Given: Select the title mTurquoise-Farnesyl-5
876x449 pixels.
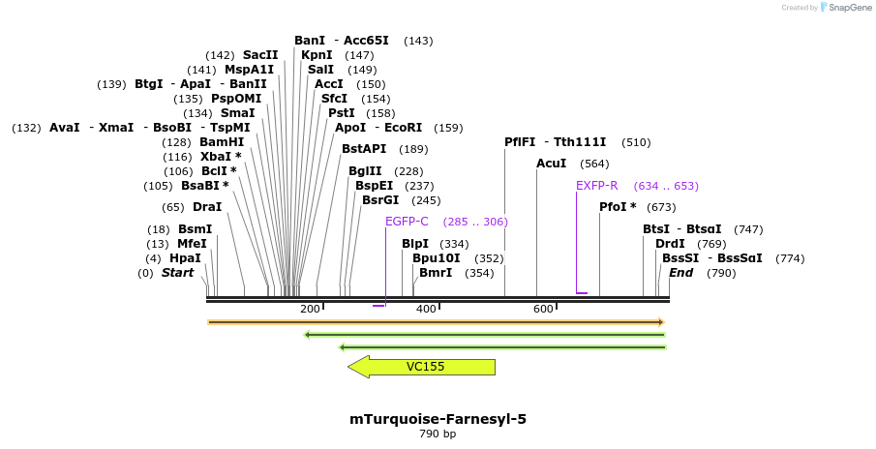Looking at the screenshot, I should click(438, 419).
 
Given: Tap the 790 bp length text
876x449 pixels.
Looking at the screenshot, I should click(438, 434).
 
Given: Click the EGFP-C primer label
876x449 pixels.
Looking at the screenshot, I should click(407, 222).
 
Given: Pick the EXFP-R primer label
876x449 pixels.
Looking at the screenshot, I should click(596, 186).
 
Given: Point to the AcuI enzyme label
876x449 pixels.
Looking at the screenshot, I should click(551, 164).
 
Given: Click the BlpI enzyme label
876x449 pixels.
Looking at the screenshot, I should click(415, 244).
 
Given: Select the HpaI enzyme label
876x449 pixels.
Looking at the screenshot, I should click(185, 258).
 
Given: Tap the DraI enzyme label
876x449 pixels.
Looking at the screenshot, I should click(207, 207).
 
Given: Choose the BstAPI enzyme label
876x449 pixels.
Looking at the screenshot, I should click(364, 149).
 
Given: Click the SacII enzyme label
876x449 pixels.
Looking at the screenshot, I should click(260, 55).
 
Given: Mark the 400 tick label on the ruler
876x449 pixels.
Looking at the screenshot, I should click(426, 309).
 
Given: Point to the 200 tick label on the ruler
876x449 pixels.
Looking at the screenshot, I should click(310, 309).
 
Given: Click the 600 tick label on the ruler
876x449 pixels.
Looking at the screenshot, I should click(543, 309).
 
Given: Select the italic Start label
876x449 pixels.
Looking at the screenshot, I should click(177, 273).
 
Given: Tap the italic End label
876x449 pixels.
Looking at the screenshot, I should click(680, 273).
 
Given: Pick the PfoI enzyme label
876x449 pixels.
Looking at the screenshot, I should click(618, 207).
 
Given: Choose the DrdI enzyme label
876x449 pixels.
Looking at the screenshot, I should click(670, 244).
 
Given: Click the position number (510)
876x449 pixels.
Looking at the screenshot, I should click(636, 142).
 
